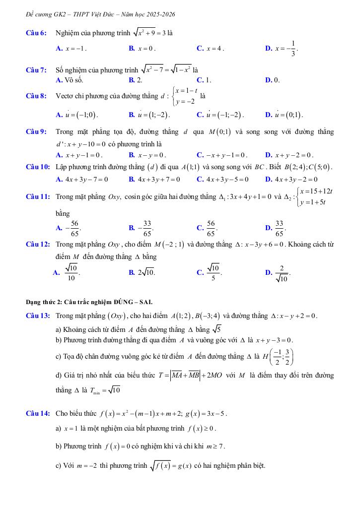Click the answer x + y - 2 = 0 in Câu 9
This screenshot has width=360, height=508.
pos(292,155)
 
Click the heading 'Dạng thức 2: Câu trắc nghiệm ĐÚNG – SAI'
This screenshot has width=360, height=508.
pos(89,302)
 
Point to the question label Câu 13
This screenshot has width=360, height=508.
pos(37,316)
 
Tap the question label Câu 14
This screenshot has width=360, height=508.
pos(37,413)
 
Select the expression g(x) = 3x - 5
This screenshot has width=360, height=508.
pos(208,413)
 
